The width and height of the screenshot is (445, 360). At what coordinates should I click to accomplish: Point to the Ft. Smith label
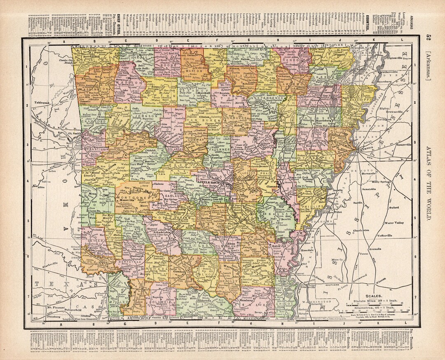click(x=75, y=133)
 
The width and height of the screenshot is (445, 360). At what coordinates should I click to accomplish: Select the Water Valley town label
click(x=394, y=223)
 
